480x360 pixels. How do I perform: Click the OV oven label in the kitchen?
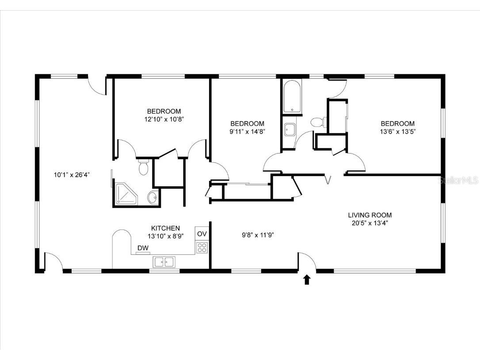pos(202,234)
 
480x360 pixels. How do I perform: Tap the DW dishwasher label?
pos(143,248)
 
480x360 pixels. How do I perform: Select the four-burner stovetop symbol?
pos(202,247)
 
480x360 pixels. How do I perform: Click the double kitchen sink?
pos(164,262)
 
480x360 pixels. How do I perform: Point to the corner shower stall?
pos(126,195)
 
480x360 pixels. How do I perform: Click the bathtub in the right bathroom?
pos(292,97)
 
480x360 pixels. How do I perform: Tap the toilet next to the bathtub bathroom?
pos(317,122)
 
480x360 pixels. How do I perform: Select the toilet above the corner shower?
pos(143,167)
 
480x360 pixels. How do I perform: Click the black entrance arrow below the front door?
pos(307,280)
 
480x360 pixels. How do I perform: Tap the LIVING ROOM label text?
pos(370,215)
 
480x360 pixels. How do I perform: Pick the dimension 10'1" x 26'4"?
pos(72,175)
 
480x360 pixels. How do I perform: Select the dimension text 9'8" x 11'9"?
pos(258,235)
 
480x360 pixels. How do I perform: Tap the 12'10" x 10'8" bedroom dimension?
pos(164,119)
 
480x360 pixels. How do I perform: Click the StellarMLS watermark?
pos(459,180)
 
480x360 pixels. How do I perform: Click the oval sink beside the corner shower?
pos(152,197)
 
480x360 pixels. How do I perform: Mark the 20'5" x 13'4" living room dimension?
pos(370,222)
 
